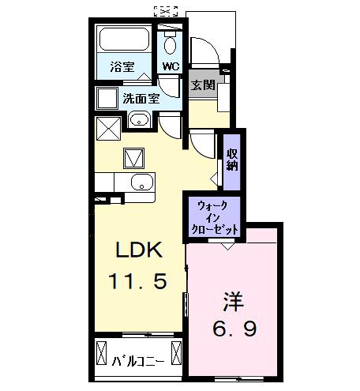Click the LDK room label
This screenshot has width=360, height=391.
tap(139, 251)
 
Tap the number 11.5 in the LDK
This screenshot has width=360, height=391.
tap(139, 281)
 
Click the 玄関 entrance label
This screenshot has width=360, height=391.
tap(203, 85)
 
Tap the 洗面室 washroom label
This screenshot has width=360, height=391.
tap(141, 99)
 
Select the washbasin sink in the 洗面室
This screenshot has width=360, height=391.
tap(139, 121)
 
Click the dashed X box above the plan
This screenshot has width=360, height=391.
tap(166, 10)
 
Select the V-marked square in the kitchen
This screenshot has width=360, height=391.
tap(133, 157)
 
